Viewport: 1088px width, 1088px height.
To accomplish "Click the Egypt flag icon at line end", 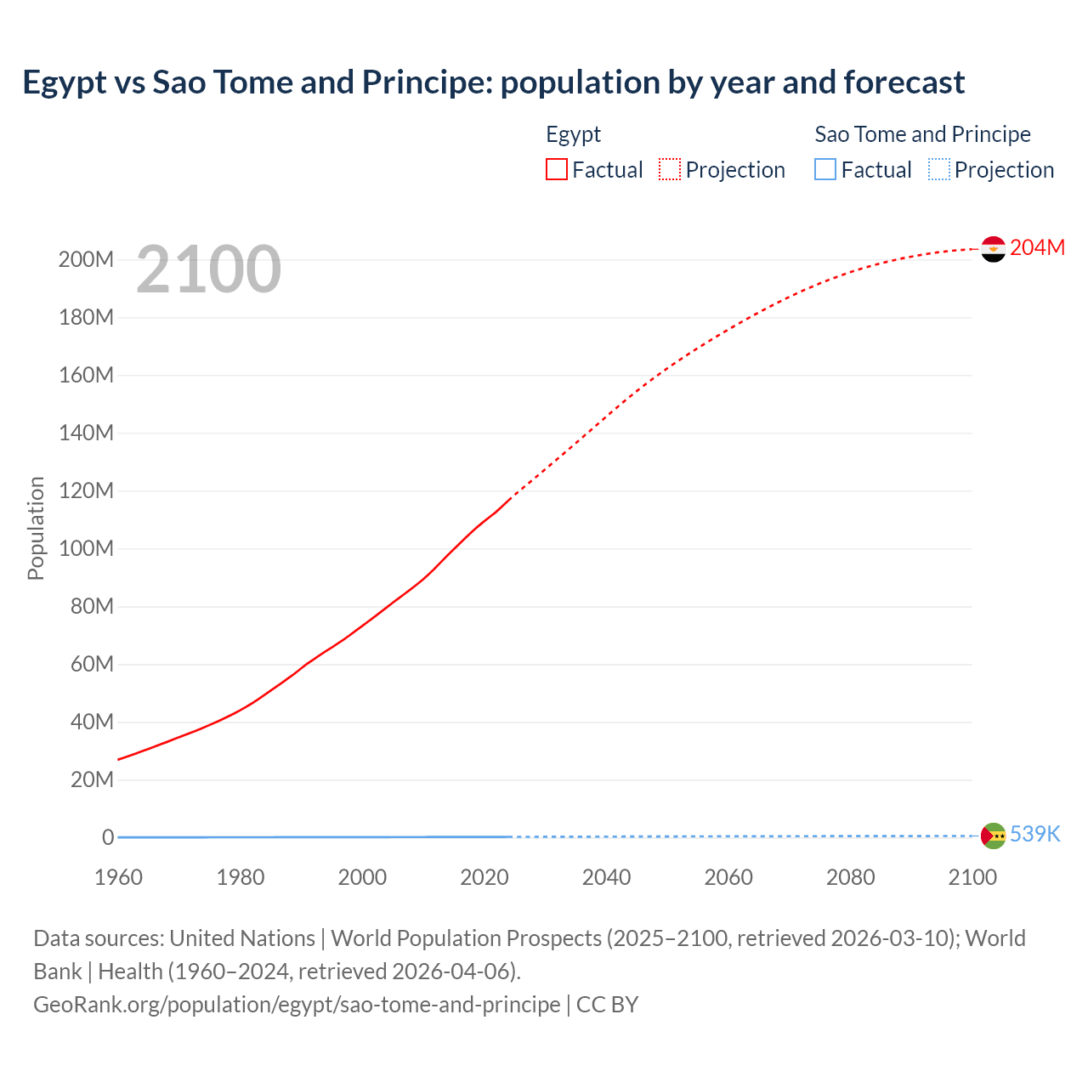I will click(993, 249).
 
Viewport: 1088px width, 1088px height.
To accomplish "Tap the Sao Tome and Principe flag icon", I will click(993, 836).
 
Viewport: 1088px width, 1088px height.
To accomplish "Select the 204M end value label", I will click(1037, 247).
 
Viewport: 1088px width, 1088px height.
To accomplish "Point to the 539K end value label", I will click(1034, 834).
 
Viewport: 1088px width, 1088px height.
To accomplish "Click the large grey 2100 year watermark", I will click(208, 269).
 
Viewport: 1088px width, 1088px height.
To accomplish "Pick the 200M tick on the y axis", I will click(86, 259).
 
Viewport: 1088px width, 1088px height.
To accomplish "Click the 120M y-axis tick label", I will click(86, 490).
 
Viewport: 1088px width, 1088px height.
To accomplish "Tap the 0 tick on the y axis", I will click(108, 837).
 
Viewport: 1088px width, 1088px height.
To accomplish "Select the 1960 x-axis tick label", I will click(118, 877).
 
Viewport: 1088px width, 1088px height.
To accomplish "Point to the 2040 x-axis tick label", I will click(606, 877).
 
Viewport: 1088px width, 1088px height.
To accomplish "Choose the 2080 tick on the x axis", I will click(850, 877).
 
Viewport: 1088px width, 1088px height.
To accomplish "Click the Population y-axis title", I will click(36, 528).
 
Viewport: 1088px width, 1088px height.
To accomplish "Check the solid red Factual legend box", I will click(557, 169).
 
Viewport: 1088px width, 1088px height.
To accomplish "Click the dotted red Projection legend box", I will click(670, 169).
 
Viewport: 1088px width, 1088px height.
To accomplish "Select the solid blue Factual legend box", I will click(825, 169).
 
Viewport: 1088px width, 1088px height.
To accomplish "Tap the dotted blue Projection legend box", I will click(939, 169).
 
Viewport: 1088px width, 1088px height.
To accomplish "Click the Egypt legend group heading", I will click(573, 134).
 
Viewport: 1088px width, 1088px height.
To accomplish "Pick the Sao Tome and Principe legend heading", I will click(922, 134).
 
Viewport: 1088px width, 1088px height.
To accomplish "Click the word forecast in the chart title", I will click(904, 82).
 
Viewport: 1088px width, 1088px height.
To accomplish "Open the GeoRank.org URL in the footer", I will click(297, 1004).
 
